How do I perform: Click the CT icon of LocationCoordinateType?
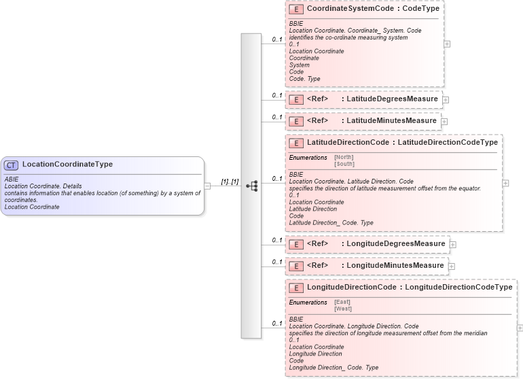pos(11,165)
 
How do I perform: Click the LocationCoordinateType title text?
pos(67,165)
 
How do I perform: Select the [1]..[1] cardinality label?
pos(230,182)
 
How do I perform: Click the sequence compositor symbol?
pos(251,186)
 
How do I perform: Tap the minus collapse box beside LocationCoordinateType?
pos(207,186)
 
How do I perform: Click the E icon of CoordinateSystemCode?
pos(295,10)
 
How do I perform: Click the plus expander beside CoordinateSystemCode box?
pos(446,43)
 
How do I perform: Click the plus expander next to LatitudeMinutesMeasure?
pos(444,122)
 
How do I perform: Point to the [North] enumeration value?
pos(344,157)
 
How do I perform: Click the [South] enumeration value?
pos(344,164)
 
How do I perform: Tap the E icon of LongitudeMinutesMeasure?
pos(295,266)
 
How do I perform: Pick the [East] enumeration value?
pos(342,302)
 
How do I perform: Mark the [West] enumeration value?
pos(343,309)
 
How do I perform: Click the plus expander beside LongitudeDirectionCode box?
pos(520,328)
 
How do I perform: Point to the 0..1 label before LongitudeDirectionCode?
pos(277,324)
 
